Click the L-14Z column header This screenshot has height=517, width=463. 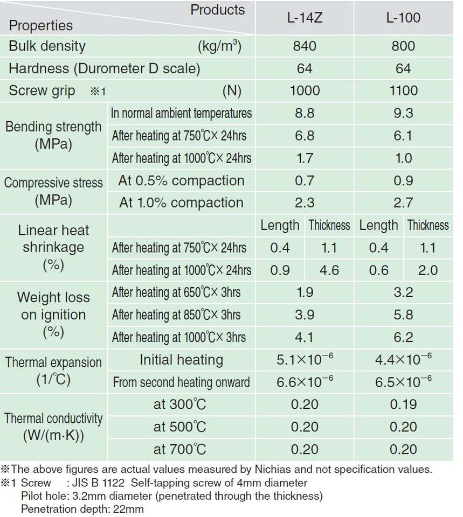coord(305,18)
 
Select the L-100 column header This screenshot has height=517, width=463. coord(403,18)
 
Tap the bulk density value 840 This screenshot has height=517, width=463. coord(305,46)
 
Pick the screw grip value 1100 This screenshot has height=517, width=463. coord(403,90)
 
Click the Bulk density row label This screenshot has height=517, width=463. coord(47,46)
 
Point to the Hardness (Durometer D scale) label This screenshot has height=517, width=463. coord(104,68)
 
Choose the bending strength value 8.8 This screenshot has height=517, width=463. coord(305,113)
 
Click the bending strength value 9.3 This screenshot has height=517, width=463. coord(403,113)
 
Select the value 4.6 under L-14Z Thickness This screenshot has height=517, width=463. coord(329,270)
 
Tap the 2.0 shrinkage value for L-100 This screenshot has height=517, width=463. coord(428,270)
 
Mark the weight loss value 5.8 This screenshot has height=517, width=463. coord(403,315)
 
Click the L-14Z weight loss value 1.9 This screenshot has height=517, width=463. coord(305,292)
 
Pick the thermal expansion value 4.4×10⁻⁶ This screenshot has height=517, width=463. coord(403,359)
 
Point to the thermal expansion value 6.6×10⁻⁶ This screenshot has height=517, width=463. coord(305,382)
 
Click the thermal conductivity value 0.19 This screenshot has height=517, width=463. coord(403,404)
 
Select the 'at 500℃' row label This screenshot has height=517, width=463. coord(179,427)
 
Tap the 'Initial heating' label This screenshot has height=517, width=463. coord(181,359)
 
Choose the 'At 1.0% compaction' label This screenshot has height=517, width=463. coord(181,202)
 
